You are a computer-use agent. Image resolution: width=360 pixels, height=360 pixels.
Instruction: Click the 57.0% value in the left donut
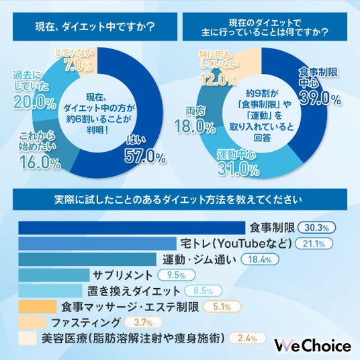coord(145,157)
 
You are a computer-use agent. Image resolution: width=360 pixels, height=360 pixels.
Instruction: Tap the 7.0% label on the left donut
coord(79,65)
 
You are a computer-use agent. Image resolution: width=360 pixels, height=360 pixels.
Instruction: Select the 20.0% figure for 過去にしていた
coord(34,102)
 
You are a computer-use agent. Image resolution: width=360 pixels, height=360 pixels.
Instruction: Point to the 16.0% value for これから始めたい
coord(40,162)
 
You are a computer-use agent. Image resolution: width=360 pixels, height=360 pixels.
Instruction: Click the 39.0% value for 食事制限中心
coord(320,98)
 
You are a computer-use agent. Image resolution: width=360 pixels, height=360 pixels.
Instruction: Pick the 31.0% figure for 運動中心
coord(238,169)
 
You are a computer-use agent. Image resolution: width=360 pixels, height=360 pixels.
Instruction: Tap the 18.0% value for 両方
coord(195,126)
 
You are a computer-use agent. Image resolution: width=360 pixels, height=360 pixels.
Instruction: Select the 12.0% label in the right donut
coord(218,79)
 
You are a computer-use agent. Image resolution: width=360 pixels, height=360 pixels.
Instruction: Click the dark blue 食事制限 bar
coord(132,228)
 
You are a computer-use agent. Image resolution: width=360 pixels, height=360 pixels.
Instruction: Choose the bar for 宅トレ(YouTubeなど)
coord(97,244)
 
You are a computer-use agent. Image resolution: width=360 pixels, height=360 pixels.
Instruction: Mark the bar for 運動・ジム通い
coord(87,259)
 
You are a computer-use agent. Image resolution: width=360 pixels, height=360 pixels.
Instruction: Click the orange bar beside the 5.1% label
coord(38,306)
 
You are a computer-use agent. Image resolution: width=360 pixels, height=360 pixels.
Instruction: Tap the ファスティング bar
coord(32,322)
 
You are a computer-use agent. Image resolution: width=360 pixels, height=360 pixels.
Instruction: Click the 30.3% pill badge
coord(316,228)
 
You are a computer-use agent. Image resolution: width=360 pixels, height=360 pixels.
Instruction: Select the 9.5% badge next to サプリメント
coord(177,275)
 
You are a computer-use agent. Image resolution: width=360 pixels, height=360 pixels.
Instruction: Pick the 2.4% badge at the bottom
coord(247,339)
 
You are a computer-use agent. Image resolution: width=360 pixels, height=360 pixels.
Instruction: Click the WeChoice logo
coord(313,346)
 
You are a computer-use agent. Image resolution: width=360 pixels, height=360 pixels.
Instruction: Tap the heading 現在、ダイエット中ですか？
coord(95,27)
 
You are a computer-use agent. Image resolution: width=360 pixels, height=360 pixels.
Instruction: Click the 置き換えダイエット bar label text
coord(134,291)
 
